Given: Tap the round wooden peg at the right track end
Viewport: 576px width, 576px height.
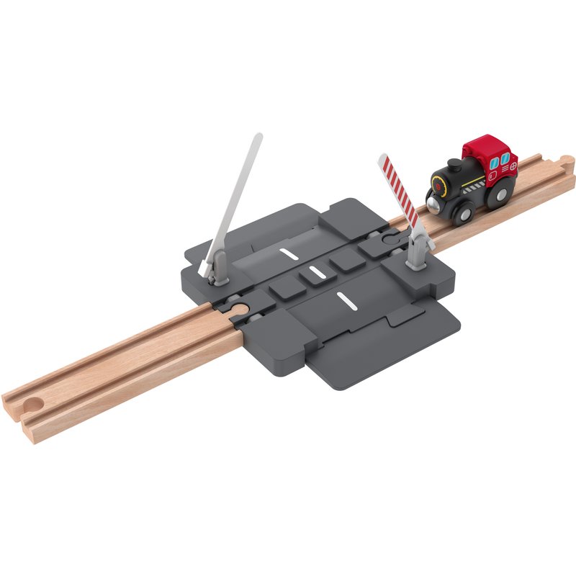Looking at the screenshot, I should point(567,160).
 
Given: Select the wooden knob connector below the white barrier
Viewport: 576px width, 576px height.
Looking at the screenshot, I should point(239,310).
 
